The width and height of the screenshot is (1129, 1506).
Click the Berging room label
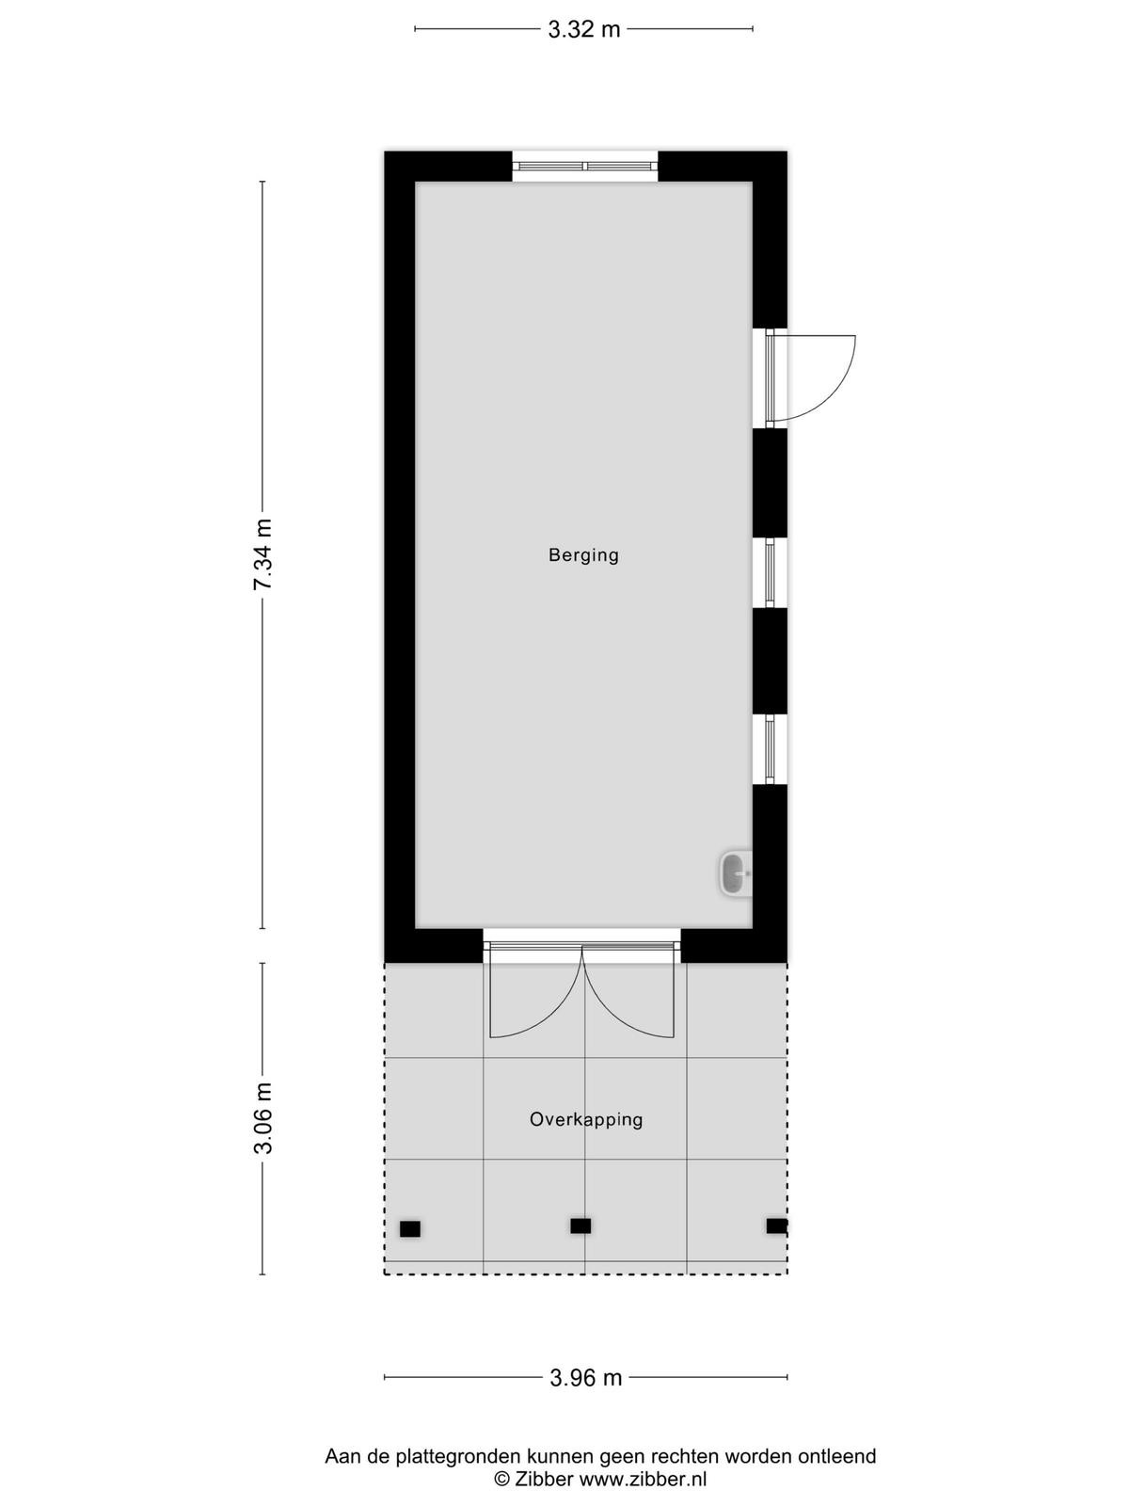pyautogui.click(x=583, y=555)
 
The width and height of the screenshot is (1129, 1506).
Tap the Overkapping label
pyautogui.click(x=586, y=1120)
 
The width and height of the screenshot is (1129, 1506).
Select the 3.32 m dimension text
pyautogui.click(x=584, y=29)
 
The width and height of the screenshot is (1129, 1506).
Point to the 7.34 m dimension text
pyautogui.click(x=263, y=554)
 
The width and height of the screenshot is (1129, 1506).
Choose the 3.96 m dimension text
pyautogui.click(x=586, y=1377)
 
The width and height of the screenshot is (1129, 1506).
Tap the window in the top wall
pyautogui.click(x=584, y=166)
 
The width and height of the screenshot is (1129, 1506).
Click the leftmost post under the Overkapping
pyautogui.click(x=410, y=1229)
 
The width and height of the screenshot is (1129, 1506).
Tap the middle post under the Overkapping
pyautogui.click(x=580, y=1226)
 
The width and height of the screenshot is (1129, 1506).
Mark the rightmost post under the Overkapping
pyautogui.click(x=777, y=1226)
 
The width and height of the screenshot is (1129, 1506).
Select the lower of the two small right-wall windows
pyautogui.click(x=770, y=749)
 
